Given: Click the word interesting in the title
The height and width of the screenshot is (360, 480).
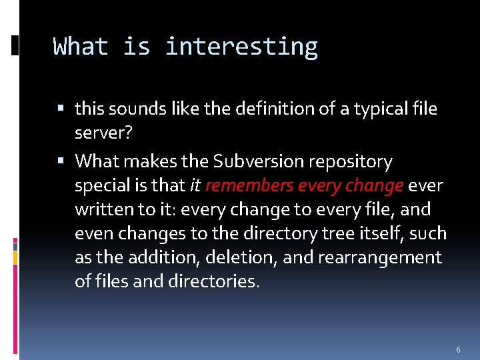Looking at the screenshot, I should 241,47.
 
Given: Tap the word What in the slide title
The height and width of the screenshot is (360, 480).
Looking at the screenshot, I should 81,47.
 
